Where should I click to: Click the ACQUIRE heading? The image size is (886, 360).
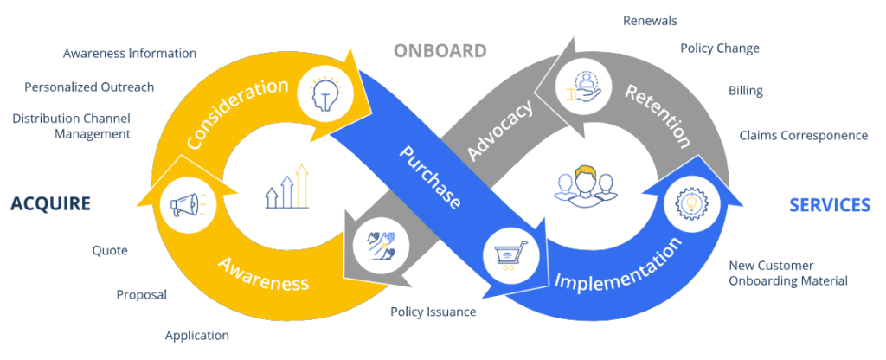50,204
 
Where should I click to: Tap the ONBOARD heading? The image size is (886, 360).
440,50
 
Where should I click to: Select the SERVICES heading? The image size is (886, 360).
829,205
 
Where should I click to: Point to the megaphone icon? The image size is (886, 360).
183,205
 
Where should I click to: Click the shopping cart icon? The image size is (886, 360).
508,254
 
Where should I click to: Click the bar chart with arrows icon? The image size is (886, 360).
286,187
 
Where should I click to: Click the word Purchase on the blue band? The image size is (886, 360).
430,177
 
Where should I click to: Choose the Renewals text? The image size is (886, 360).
650,20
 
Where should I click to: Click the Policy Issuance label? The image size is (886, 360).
433,312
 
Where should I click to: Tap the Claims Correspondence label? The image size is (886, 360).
803,135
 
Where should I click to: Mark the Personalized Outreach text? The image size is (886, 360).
89,87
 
